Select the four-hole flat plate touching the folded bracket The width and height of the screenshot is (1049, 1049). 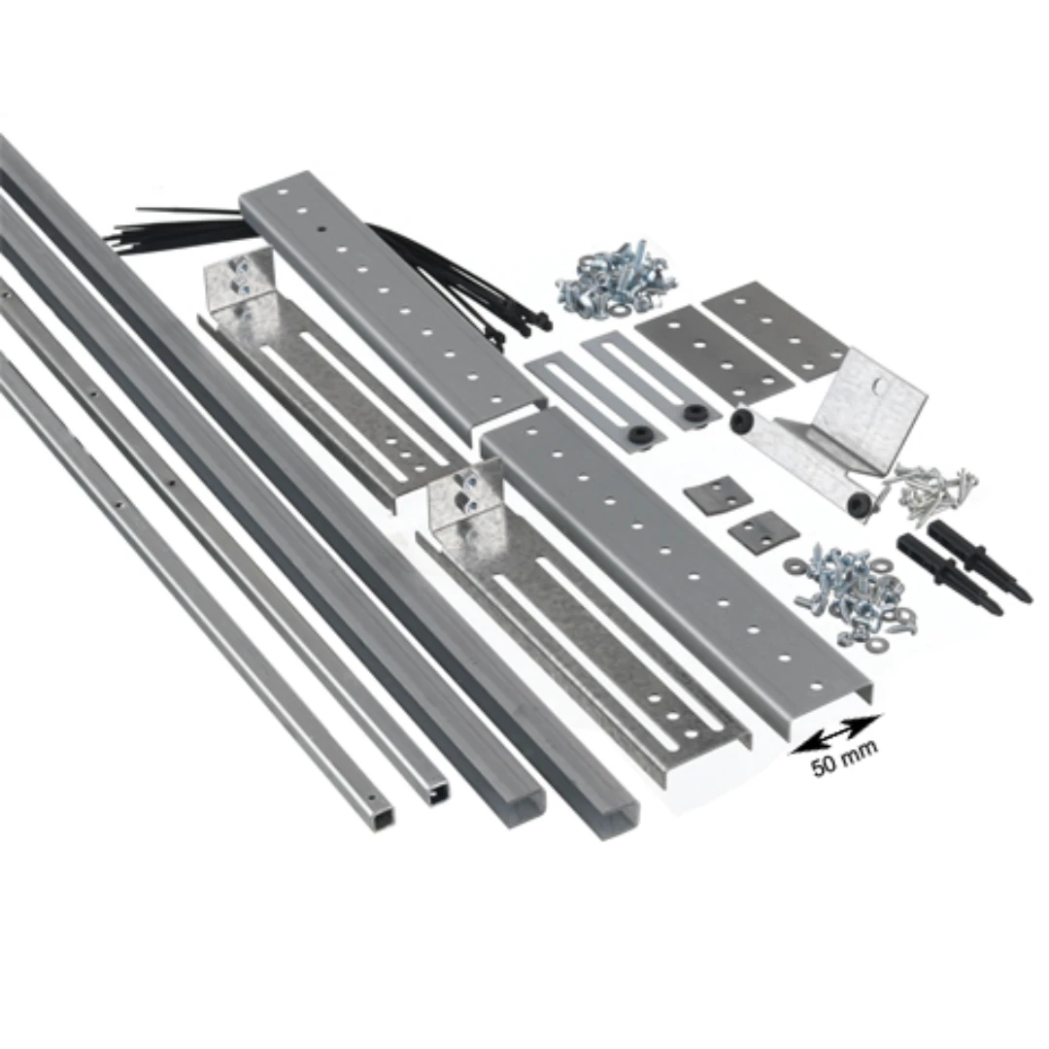(776, 332)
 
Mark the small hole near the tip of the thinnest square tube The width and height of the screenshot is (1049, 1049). (372, 798)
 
